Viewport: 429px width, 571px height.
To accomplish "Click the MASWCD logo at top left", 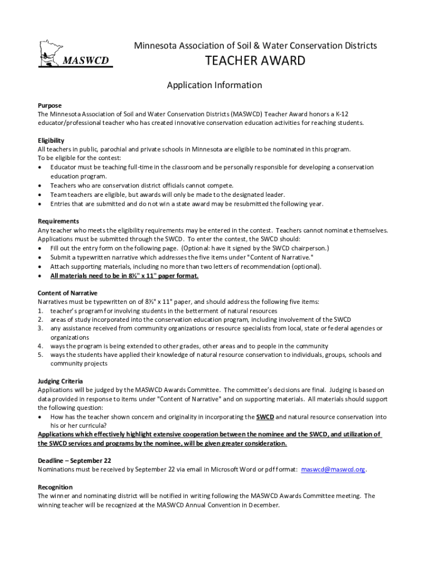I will (x=75, y=54).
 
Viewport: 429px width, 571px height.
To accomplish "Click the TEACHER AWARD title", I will (x=256, y=61).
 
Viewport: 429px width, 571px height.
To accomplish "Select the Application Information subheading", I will (x=214, y=85).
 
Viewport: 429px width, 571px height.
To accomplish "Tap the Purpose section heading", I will (x=50, y=105).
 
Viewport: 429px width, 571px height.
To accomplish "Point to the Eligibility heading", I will (x=51, y=141).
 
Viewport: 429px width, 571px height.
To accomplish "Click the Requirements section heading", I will (x=58, y=221).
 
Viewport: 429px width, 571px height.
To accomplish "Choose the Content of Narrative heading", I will (x=67, y=293).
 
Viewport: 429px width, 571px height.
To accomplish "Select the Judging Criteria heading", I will (x=61, y=381).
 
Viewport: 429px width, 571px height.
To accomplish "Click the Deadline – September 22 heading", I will (x=75, y=461).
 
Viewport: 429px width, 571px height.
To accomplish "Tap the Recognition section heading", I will (x=55, y=487).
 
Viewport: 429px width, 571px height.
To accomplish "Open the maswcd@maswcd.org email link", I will (x=333, y=470).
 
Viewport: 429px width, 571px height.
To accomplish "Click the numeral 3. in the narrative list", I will (x=40, y=328).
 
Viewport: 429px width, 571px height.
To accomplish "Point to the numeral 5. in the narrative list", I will (x=40, y=355).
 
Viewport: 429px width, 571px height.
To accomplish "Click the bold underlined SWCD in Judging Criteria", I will (x=265, y=417).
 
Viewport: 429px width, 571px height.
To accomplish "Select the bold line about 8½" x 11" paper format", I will (x=124, y=275).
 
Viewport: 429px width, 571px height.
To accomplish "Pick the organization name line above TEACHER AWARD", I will (x=256, y=45).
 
